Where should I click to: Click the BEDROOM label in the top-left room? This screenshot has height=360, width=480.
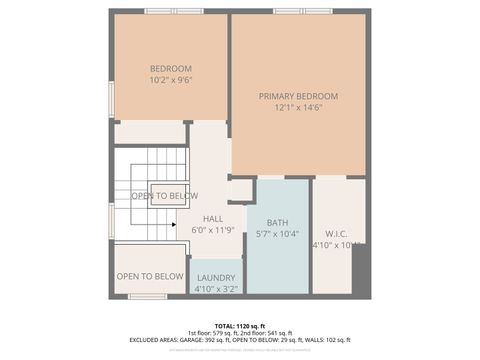170,68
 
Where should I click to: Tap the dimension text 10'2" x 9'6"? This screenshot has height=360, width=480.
170,80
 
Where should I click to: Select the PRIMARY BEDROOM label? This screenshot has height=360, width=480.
298,96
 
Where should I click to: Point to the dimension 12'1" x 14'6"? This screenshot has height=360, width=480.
298,108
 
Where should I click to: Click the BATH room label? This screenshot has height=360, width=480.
277,222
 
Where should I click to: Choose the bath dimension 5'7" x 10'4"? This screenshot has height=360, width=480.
277,234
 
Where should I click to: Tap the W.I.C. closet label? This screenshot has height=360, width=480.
337,233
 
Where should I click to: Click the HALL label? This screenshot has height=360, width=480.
213,218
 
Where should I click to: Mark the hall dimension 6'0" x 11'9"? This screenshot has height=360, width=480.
213,230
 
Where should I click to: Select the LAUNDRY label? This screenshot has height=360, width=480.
216,277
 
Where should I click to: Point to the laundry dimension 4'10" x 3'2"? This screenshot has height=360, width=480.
216,288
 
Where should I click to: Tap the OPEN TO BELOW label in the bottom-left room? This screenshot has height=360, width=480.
150,276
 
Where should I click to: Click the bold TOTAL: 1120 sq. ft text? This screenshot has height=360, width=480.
240,326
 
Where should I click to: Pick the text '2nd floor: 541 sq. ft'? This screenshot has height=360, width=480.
267,333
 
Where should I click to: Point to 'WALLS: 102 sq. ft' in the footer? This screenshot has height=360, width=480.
329,340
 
